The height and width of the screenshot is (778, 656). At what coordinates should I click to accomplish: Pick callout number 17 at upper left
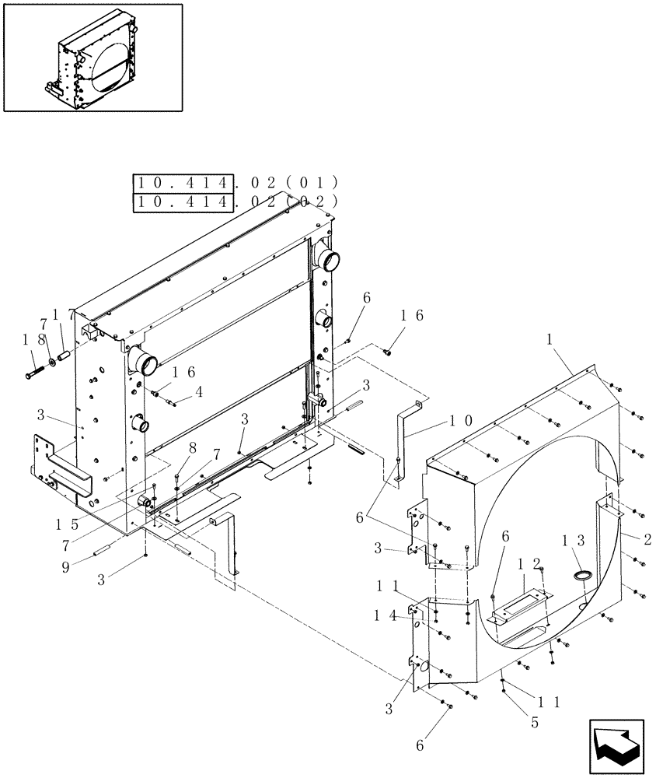pos(65,314)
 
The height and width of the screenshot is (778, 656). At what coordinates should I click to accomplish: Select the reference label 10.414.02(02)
pos(236,202)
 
